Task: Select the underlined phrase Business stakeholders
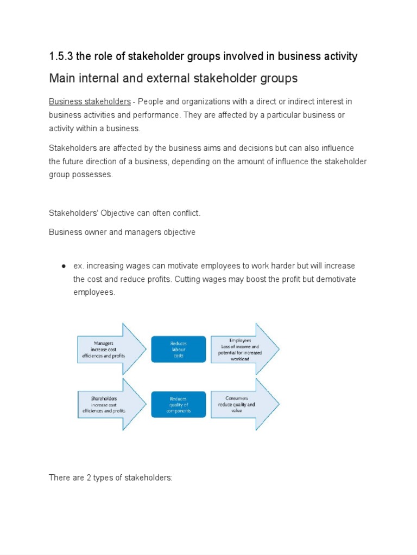pyautogui.click(x=90, y=102)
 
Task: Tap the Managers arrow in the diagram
pyautogui.click(x=106, y=350)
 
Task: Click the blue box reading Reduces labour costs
pyautogui.click(x=179, y=350)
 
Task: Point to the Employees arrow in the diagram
pyautogui.click(x=242, y=350)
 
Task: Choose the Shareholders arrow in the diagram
pyautogui.click(x=106, y=404)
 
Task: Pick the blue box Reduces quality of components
pyautogui.click(x=179, y=404)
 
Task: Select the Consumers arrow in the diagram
pyautogui.click(x=242, y=404)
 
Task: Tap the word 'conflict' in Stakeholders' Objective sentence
pyautogui.click(x=185, y=213)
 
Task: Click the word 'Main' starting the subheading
pyautogui.click(x=61, y=78)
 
